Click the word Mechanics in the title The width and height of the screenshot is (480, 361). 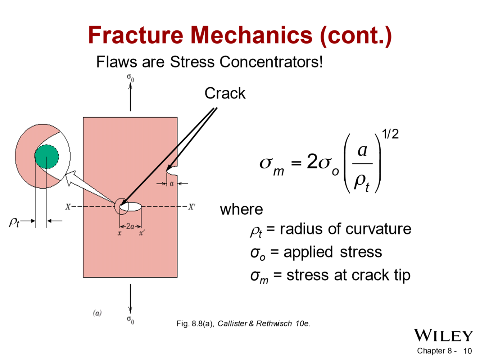[251, 35]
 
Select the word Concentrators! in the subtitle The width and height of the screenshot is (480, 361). [271, 62]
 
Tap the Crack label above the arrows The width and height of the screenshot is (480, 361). [225, 93]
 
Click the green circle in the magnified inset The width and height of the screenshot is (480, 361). [47, 157]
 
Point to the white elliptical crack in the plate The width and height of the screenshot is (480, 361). [131, 207]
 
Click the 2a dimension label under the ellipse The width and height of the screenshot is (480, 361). [130, 226]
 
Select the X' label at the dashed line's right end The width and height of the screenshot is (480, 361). [191, 207]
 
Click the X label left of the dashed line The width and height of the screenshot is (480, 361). [68, 207]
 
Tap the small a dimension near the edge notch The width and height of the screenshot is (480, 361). [172, 184]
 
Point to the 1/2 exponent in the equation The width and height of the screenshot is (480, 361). [390, 134]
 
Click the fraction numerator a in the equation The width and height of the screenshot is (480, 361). [362, 150]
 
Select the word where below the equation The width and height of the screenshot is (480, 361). [241, 210]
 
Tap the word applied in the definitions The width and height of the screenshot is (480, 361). [308, 252]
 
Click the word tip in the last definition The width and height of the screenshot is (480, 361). [402, 275]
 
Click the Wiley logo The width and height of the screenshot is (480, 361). [443, 335]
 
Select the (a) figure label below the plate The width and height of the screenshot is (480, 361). [97, 313]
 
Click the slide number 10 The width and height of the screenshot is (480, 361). [467, 351]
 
